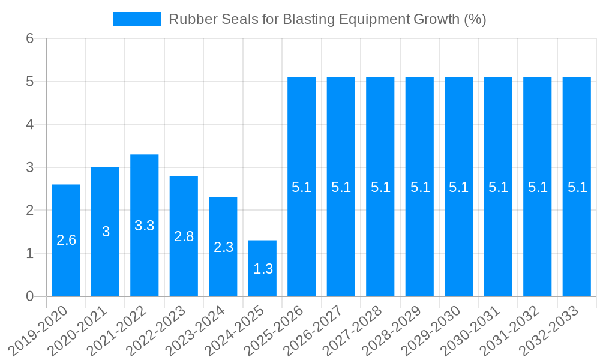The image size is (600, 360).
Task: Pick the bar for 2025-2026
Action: click(302, 240)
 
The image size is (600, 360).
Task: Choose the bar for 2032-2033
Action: click(577, 240)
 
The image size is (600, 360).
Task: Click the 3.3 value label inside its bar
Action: click(145, 226)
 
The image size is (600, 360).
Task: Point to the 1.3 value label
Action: click(263, 269)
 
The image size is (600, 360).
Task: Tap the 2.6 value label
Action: click(66, 240)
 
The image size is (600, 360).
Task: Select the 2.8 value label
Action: click(184, 236)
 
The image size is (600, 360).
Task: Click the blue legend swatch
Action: click(137, 19)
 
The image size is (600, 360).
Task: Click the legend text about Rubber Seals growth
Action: click(327, 19)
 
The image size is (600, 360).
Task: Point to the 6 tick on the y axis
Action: click(30, 38)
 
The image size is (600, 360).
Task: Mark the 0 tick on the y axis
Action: click(30, 296)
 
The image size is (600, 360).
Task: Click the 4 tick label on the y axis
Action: click(30, 125)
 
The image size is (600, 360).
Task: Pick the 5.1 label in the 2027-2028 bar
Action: click(380, 187)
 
